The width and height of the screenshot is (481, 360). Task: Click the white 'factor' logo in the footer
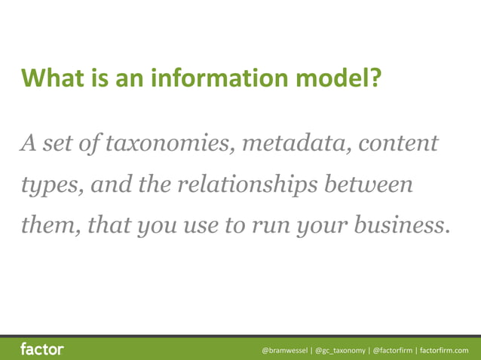[x=41, y=349]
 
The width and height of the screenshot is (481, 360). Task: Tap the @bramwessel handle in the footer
[x=285, y=350]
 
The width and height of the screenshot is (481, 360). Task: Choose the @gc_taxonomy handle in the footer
[x=340, y=350]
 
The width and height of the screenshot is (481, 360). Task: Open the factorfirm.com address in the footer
[x=444, y=350]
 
